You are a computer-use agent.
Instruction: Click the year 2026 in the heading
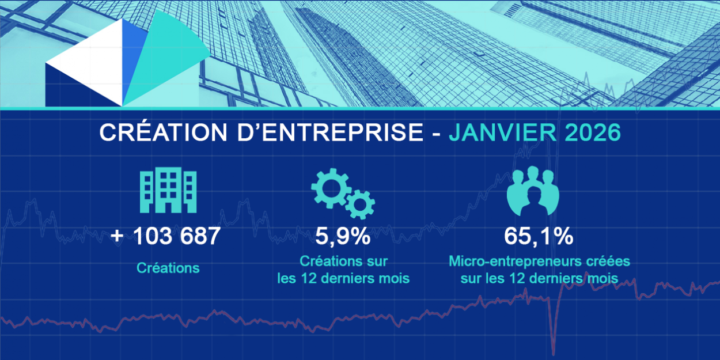tap(593, 132)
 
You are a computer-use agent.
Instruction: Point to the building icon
tap(168, 190)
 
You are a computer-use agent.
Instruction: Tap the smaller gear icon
tap(361, 204)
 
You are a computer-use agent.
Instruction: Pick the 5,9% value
tap(343, 236)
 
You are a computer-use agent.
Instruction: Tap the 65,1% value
tap(538, 236)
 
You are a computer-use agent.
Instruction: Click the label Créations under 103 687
tap(168, 268)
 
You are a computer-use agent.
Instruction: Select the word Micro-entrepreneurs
tap(508, 262)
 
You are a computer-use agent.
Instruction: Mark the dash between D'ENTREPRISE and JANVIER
tap(436, 134)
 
